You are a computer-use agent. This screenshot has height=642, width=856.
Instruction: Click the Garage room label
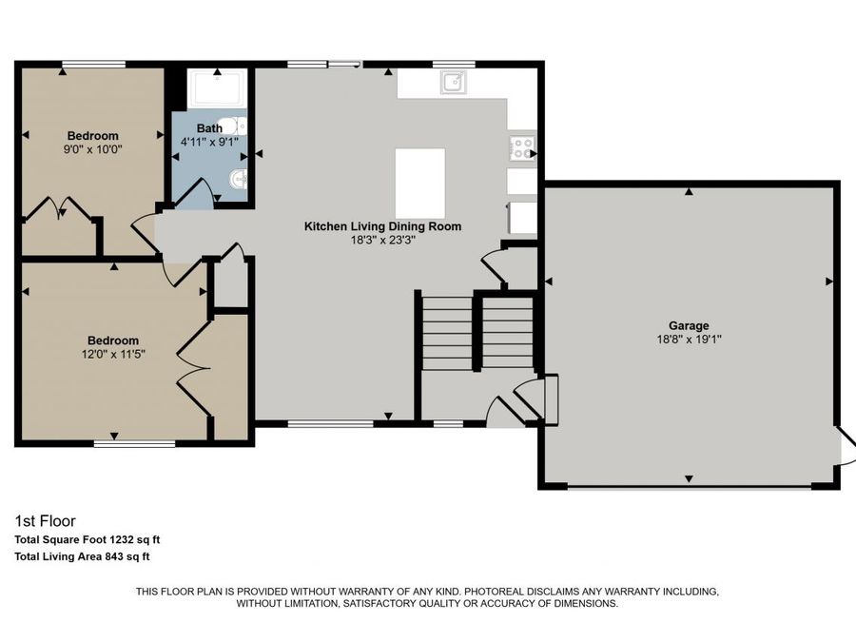pyautogui.click(x=688, y=325)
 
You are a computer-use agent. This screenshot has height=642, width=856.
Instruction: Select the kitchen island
pyautogui.click(x=419, y=183)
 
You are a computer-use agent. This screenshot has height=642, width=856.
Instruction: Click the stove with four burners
pyautogui.click(x=522, y=147)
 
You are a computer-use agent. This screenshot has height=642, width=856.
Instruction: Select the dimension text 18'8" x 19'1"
pyautogui.click(x=688, y=339)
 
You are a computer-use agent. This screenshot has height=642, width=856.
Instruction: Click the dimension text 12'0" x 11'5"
pyautogui.click(x=113, y=354)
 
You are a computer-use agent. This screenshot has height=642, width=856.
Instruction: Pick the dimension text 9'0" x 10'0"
pyautogui.click(x=92, y=149)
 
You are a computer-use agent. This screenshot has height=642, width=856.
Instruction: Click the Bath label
pyautogui.click(x=209, y=128)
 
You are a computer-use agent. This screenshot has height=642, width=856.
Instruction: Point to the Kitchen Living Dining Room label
pyautogui.click(x=382, y=226)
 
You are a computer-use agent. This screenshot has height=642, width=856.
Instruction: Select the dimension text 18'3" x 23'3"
pyautogui.click(x=382, y=240)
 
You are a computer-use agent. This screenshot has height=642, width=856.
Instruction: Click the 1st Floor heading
pyautogui.click(x=45, y=520)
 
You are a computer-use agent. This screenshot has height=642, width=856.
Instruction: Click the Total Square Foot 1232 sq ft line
pyautogui.click(x=87, y=539)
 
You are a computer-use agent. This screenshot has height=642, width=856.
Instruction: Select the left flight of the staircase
pyautogui.click(x=447, y=332)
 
